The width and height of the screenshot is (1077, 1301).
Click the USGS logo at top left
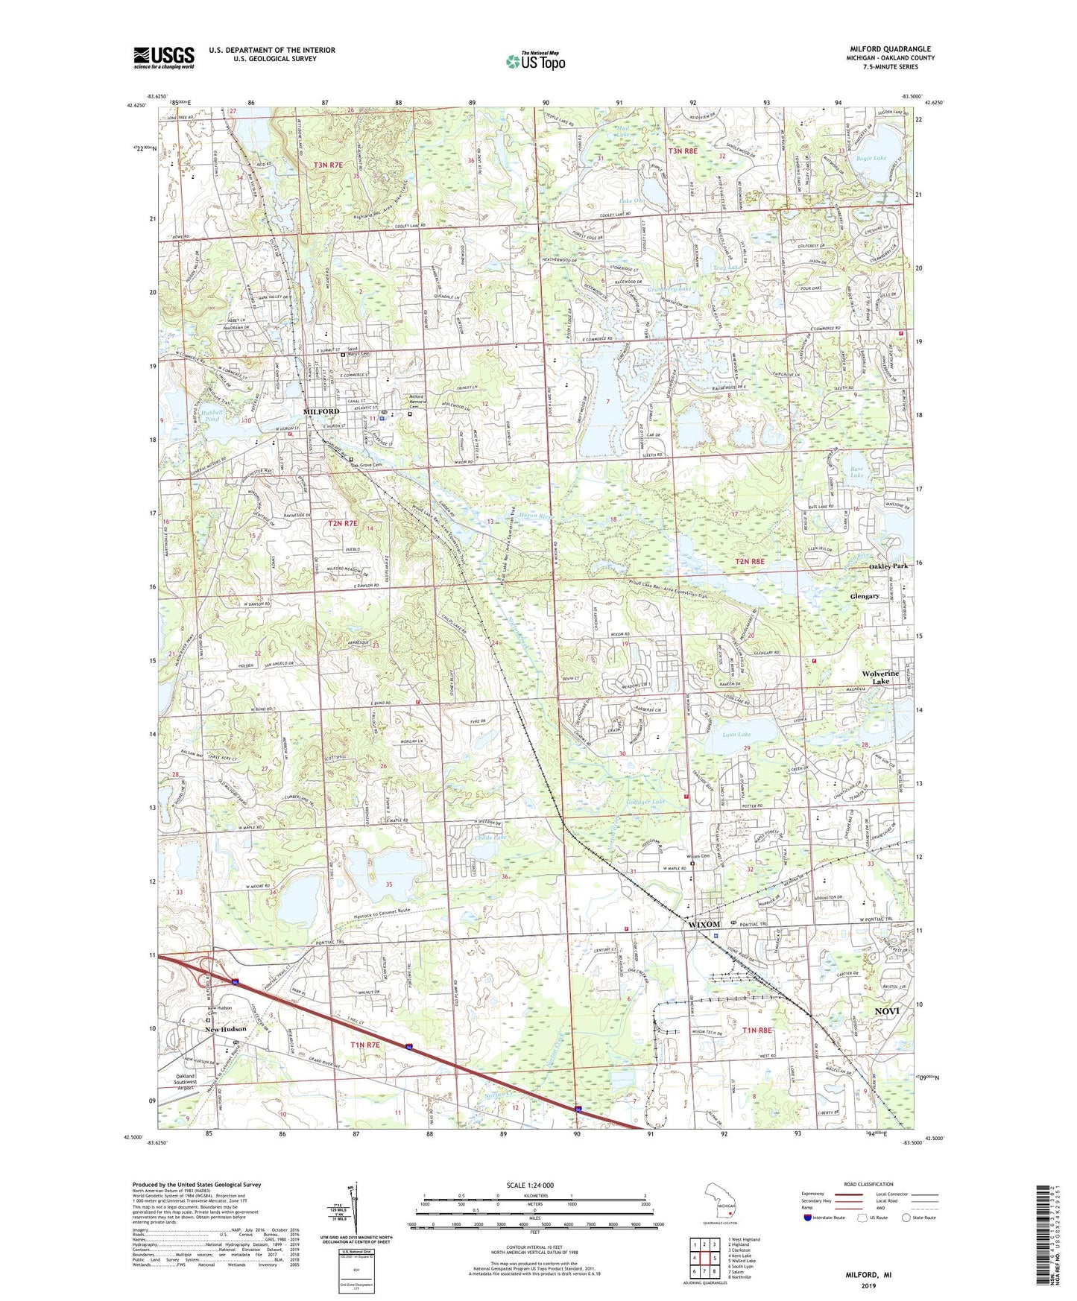(164, 57)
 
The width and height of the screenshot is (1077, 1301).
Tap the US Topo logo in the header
(534, 62)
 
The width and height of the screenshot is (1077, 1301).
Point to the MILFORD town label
(321, 411)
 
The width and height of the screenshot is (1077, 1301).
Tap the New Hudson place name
(226, 1029)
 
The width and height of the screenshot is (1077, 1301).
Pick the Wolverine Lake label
(880, 677)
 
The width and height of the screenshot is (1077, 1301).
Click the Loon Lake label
(736, 735)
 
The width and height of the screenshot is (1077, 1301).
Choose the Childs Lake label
(490, 838)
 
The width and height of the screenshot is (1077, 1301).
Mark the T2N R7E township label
(343, 524)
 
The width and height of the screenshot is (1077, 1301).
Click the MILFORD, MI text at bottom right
(868, 1275)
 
